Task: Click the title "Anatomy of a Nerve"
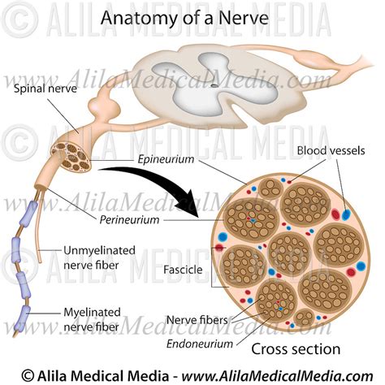[x=192, y=19]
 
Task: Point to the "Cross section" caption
[x=295, y=349]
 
